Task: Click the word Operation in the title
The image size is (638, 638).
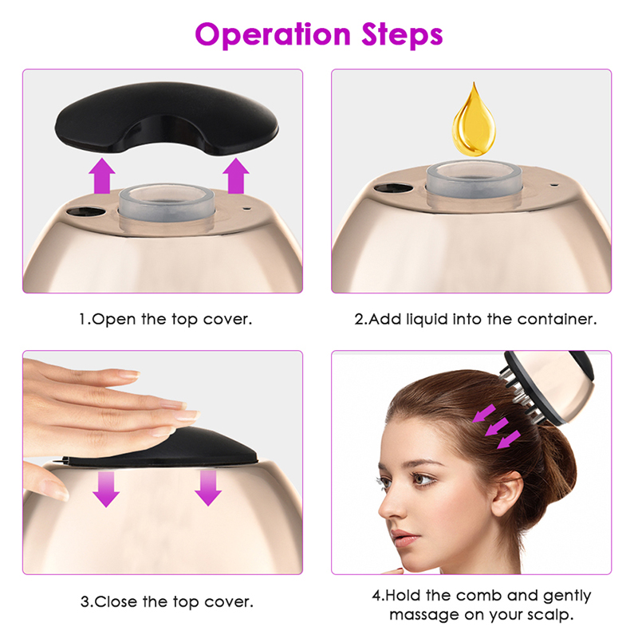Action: tap(273, 35)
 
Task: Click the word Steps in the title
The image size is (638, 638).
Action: tap(402, 35)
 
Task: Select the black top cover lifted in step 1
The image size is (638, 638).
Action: tap(167, 118)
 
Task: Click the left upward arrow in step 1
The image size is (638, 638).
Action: tap(102, 175)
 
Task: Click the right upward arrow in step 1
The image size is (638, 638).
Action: tap(236, 175)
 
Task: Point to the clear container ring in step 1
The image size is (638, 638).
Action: tap(167, 203)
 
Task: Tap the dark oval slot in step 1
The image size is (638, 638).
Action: tap(85, 212)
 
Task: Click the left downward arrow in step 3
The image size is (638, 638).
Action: tap(106, 489)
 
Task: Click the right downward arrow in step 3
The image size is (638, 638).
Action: tap(208, 488)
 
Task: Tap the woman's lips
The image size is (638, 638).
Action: tap(404, 538)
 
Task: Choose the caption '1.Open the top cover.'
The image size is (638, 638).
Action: tap(166, 319)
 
